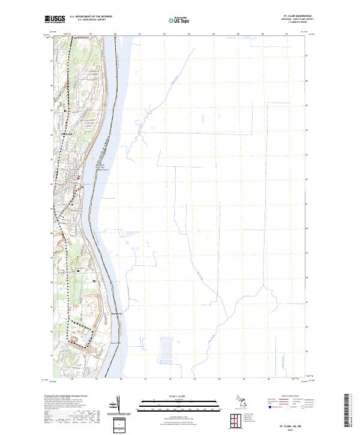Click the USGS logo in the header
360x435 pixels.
[55, 20]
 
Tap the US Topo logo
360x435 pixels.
[181, 20]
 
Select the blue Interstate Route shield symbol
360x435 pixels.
[269, 407]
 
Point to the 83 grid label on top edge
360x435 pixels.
[188, 34]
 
